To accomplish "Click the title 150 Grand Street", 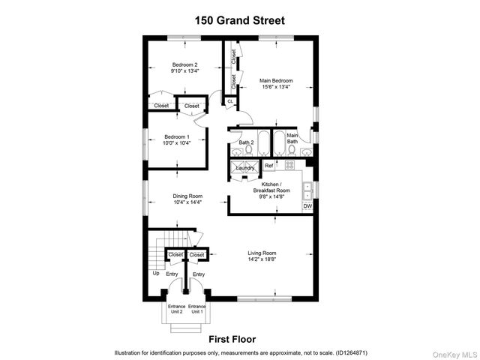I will (240, 20).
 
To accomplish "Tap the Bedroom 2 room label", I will (184, 64).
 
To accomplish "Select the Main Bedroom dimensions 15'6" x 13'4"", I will (276, 87).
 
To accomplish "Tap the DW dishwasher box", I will (307, 206).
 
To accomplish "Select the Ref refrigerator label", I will (268, 165).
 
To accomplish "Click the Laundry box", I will (245, 168).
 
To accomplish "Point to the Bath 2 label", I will (246, 142).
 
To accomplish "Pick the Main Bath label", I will (292, 138).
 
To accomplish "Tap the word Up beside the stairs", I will (156, 273).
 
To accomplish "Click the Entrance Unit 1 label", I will (197, 309).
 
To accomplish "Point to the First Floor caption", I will (232, 340).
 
